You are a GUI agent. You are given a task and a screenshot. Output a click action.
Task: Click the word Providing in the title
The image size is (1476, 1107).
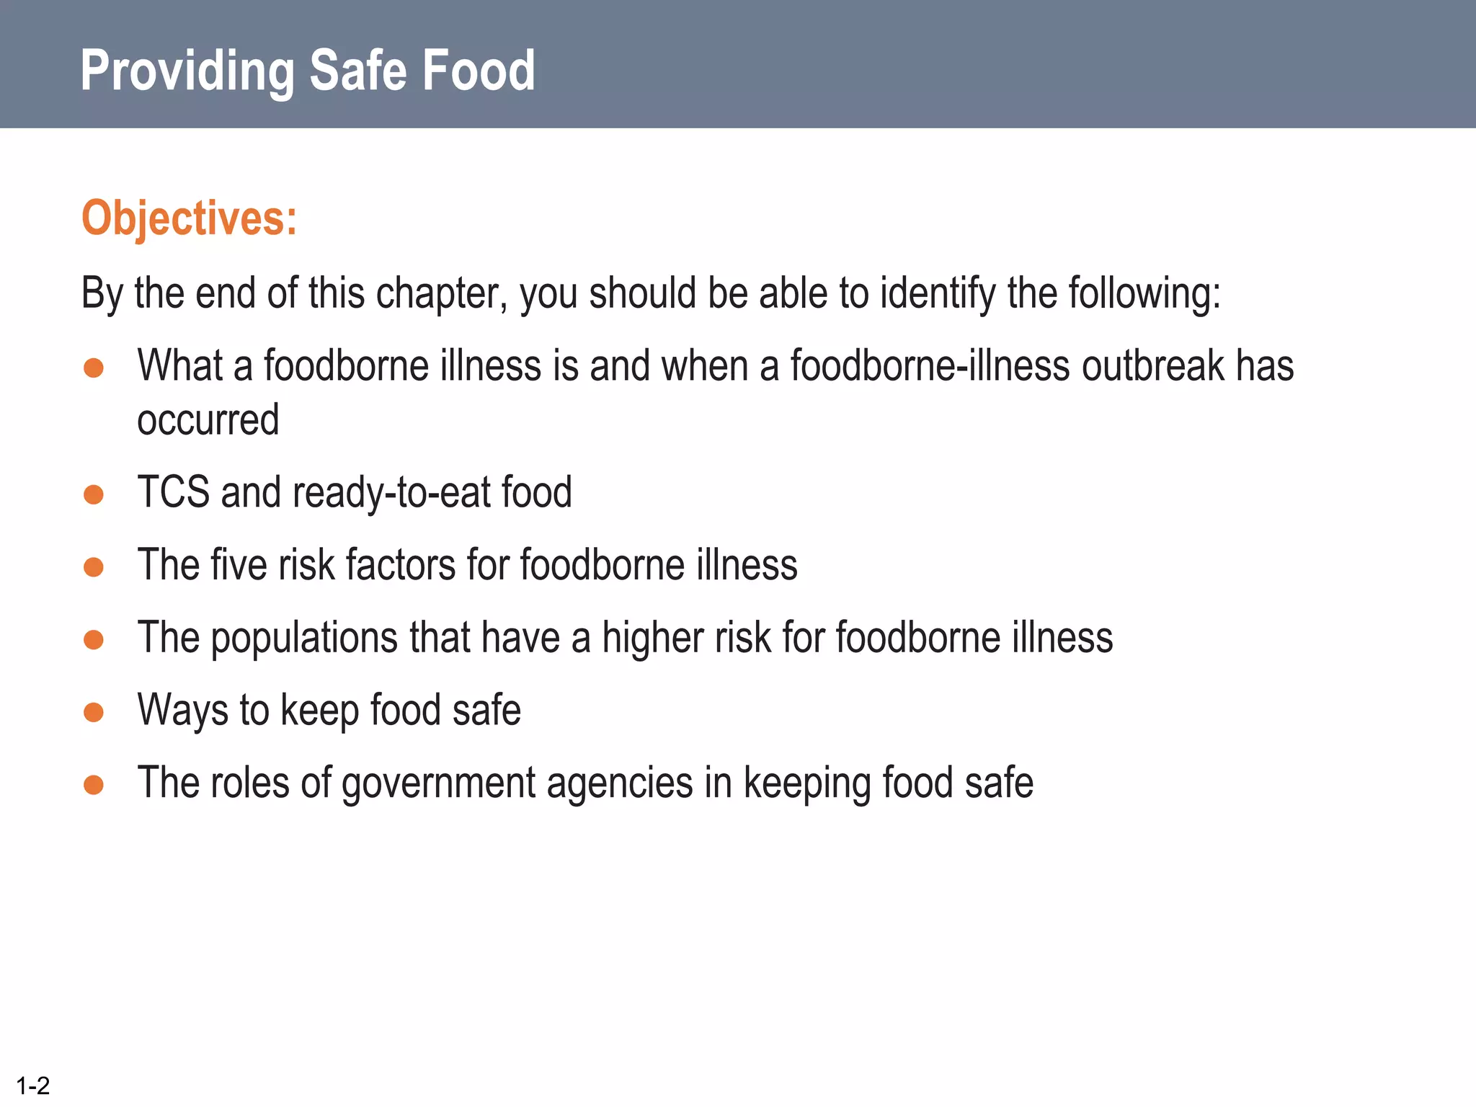click(x=187, y=71)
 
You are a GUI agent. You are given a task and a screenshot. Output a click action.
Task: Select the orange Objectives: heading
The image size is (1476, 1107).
click(x=189, y=218)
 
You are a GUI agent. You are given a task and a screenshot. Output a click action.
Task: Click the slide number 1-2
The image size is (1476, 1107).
click(x=33, y=1085)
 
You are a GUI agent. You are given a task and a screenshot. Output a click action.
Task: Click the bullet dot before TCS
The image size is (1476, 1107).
click(x=94, y=494)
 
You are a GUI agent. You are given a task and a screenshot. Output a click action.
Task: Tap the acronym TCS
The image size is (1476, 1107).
click(x=173, y=492)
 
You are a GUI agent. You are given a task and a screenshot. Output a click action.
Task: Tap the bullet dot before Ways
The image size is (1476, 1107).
click(x=94, y=712)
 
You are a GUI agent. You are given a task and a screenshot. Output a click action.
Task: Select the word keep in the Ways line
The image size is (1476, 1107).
click(x=319, y=711)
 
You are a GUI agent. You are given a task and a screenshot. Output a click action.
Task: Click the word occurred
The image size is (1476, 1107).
click(x=208, y=420)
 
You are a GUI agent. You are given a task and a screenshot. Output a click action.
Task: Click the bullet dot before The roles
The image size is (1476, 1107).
click(x=94, y=784)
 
